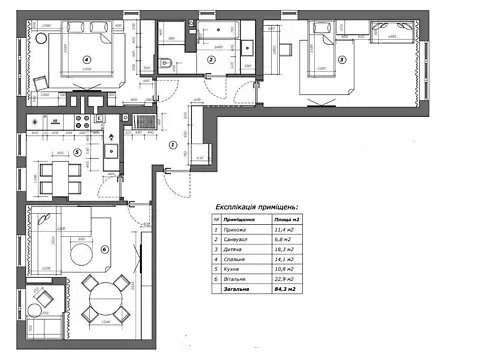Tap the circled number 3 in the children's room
point(341,60)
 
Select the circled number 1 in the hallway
point(172,144)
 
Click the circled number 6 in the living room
point(105,248)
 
